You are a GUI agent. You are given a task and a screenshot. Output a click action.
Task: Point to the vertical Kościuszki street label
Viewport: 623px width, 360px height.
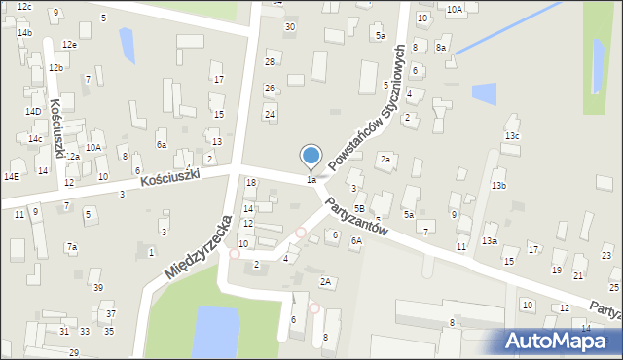point(57,127)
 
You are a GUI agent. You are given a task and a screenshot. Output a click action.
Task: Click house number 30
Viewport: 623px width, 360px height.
point(289,26)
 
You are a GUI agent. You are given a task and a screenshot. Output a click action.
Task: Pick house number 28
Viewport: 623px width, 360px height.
point(271,62)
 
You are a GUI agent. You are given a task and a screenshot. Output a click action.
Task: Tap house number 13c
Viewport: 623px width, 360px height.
point(512,135)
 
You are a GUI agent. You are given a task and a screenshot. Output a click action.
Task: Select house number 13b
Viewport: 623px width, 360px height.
point(498,185)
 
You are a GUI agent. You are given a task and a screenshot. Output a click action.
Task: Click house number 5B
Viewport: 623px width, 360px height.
point(359,208)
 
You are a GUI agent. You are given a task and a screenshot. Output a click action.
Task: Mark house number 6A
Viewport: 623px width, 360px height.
point(356,240)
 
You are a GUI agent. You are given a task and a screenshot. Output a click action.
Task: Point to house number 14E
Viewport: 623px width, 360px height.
point(11,176)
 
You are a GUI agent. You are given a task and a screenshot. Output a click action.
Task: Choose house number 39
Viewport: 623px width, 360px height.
point(97,287)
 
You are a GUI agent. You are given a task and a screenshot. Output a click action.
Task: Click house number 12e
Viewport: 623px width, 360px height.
point(69,45)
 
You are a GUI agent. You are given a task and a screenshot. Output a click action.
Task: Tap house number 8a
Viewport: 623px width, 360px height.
point(441,47)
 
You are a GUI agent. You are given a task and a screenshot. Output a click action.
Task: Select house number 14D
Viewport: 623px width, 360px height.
point(33,112)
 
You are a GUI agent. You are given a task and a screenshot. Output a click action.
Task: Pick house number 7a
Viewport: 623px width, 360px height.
point(72,247)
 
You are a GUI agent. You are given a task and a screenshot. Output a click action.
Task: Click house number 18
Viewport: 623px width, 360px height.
point(251,183)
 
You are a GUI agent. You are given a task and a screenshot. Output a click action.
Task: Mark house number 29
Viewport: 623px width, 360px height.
point(74,352)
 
